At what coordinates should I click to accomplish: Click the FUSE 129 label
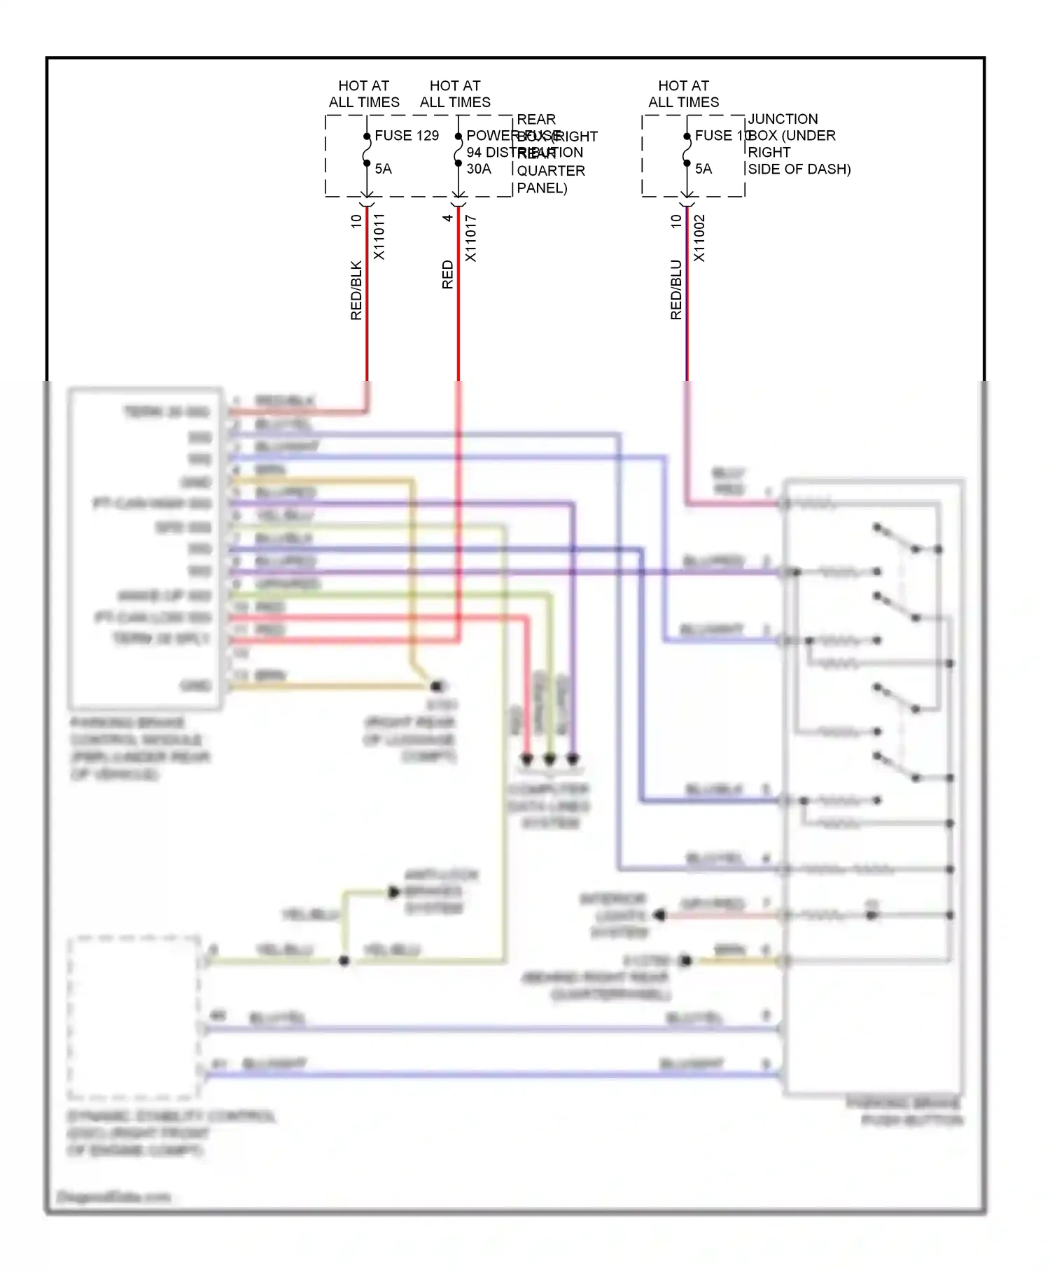point(407,135)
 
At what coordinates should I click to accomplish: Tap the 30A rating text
point(479,169)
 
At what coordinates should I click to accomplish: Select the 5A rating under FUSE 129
point(383,169)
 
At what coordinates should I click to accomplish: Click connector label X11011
point(379,237)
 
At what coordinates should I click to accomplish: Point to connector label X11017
point(470,238)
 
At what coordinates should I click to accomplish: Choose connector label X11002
point(699,238)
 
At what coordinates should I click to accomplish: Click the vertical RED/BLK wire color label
point(356,291)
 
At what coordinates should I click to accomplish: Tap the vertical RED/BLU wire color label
point(675,290)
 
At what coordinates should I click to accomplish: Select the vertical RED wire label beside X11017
point(447,274)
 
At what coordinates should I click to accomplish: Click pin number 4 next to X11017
point(447,218)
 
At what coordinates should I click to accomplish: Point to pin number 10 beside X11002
point(675,221)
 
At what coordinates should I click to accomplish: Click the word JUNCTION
point(783,119)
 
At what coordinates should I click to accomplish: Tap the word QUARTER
point(551,171)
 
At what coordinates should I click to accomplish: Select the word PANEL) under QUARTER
point(542,188)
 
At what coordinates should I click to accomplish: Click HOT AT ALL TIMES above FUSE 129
point(364,94)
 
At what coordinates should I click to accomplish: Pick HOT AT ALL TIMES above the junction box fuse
point(683,94)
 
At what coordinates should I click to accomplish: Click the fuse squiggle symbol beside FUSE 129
point(367,150)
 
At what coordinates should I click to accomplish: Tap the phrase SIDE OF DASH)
point(799,169)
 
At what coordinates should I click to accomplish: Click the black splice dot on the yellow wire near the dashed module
point(344,961)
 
